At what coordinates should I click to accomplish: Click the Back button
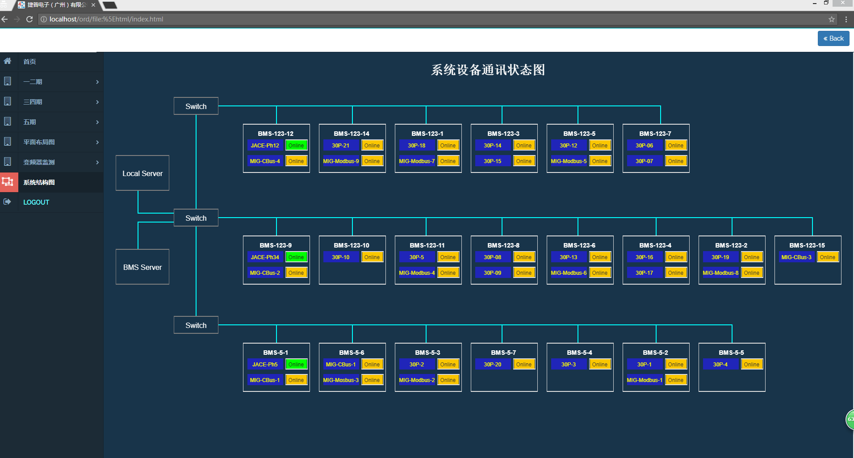pyautogui.click(x=833, y=38)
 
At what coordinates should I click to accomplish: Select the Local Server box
pyautogui.click(x=142, y=173)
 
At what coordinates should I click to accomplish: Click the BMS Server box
pyautogui.click(x=142, y=267)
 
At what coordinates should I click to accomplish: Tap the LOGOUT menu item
pyautogui.click(x=36, y=202)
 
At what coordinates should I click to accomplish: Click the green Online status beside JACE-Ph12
pyautogui.click(x=296, y=146)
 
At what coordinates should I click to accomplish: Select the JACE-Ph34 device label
pyautogui.click(x=265, y=257)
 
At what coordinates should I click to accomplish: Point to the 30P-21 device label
pyautogui.click(x=341, y=146)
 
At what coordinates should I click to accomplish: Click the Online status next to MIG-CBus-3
pyautogui.click(x=828, y=257)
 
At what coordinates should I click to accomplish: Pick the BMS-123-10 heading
pyautogui.click(x=352, y=245)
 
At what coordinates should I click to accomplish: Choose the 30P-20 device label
pyautogui.click(x=493, y=365)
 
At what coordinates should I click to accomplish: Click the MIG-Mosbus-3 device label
pyautogui.click(x=341, y=380)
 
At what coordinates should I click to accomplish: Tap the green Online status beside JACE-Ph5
pyautogui.click(x=296, y=365)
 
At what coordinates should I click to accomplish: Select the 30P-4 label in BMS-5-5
pyautogui.click(x=720, y=365)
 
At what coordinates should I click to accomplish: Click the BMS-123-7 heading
pyautogui.click(x=655, y=134)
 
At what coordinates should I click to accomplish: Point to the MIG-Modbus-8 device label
pyautogui.click(x=720, y=273)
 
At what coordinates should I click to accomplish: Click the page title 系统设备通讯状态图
pyautogui.click(x=488, y=70)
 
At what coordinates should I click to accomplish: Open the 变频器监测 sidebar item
pyautogui.click(x=39, y=162)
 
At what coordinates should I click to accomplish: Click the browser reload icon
pyautogui.click(x=29, y=19)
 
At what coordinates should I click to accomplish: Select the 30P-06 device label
pyautogui.click(x=645, y=146)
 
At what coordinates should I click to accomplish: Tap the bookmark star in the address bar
pyautogui.click(x=832, y=19)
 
